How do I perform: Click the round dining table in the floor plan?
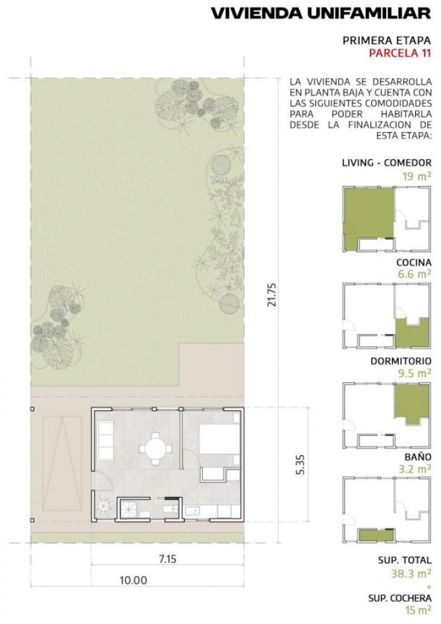coord(156,449)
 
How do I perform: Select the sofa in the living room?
coord(106,441)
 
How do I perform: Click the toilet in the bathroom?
coord(171,510)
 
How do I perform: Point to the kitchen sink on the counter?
coord(192,511)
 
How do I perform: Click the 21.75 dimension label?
coord(272,294)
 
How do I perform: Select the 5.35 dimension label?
coord(300,464)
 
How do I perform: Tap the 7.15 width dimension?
coord(167,559)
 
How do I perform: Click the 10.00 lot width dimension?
coord(133,580)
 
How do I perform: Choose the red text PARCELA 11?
coord(400,53)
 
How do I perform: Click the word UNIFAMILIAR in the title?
coord(369,14)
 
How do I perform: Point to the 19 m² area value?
coord(416,175)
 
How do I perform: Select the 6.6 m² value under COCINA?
coord(414,273)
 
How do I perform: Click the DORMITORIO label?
coord(401,361)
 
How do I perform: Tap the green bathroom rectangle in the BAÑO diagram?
coord(376,535)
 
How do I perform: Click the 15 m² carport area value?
coord(418,610)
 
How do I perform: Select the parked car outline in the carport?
coord(62,463)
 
